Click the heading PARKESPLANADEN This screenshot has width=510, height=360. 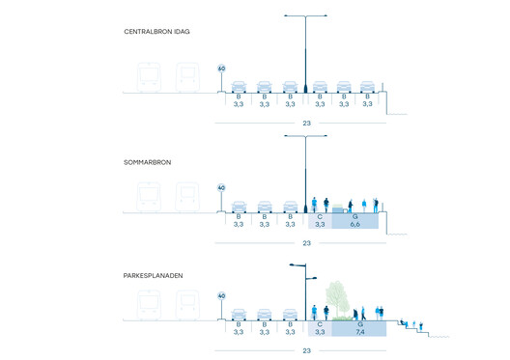[155, 275]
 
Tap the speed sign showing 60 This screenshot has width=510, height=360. [221, 69]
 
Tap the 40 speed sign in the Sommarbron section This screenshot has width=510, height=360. [221, 188]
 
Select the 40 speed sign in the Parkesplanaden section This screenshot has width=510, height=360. [221, 296]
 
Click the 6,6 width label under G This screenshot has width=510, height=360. [354, 224]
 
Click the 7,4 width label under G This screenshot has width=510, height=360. [359, 332]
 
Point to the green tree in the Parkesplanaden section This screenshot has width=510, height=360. [336, 293]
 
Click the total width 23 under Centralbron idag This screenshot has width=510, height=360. [306, 124]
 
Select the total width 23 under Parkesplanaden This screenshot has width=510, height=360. [306, 350]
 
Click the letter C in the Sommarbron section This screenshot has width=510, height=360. [320, 216]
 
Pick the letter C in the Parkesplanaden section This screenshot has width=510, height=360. [320, 324]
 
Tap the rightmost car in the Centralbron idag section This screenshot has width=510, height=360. [367, 86]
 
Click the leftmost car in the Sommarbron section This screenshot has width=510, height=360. [239, 206]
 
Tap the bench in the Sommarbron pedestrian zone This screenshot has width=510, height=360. [339, 208]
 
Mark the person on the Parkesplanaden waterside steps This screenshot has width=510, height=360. [405, 320]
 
